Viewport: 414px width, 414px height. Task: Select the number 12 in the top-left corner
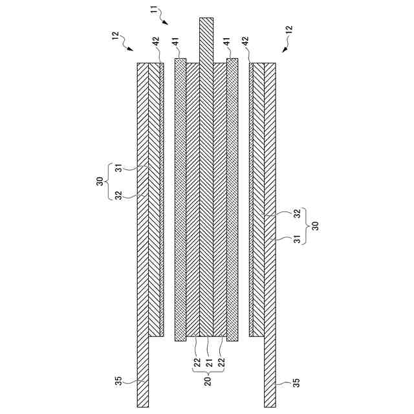(x=116, y=36)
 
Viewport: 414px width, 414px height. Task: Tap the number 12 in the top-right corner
(x=289, y=30)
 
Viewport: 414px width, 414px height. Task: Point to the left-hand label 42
(x=156, y=40)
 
